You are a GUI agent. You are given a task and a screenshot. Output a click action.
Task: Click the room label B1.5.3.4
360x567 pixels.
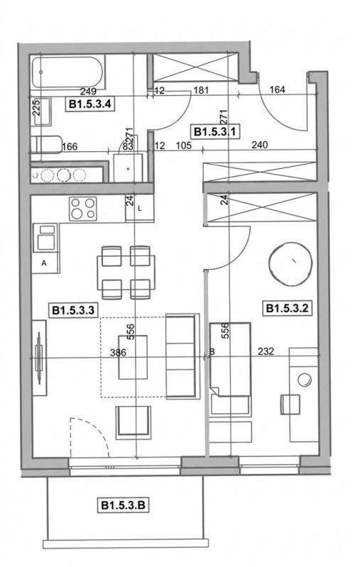point(89,104)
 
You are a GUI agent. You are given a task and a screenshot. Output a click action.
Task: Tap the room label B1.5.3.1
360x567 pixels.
point(214,131)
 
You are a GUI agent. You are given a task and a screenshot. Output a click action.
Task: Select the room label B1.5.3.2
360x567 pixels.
point(287,309)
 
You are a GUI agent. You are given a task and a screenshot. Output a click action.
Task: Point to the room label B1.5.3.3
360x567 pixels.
point(73,310)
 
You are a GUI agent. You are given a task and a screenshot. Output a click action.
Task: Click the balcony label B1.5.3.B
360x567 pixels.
point(123,505)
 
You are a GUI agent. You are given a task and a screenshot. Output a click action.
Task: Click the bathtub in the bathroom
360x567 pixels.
point(67,72)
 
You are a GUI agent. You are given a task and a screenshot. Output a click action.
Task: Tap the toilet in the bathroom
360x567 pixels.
point(46,145)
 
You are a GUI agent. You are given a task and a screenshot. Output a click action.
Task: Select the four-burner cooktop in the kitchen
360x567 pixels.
point(83,209)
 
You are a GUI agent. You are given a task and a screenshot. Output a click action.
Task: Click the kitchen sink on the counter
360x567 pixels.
point(45,238)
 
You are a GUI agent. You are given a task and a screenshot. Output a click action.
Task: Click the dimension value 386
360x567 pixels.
point(119,352)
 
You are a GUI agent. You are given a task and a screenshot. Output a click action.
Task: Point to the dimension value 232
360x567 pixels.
point(266,351)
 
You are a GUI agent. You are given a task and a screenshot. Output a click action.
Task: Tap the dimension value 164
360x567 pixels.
point(278,89)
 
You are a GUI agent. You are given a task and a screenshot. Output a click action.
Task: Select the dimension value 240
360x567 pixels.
point(260,145)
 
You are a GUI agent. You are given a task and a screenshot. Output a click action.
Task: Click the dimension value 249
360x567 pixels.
point(88,92)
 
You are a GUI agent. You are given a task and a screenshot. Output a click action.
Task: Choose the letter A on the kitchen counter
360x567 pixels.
point(44,263)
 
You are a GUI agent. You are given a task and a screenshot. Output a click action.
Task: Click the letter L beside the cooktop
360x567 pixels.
point(141,209)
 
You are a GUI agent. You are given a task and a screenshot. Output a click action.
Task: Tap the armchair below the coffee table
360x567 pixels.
point(133,423)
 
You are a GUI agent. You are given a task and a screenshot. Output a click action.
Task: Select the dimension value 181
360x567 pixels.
point(201,89)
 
